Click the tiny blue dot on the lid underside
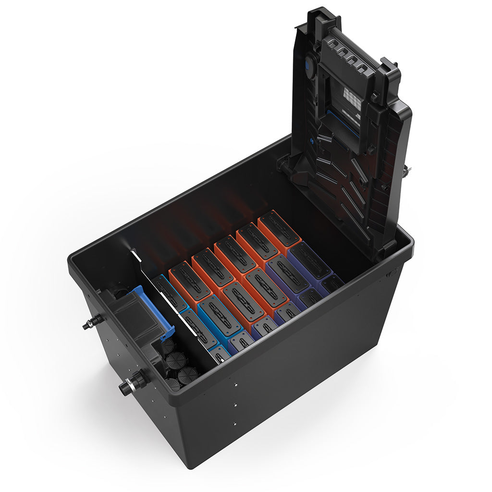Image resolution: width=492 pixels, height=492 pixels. click(x=312, y=142)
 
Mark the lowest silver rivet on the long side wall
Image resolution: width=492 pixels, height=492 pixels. click(x=234, y=424)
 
